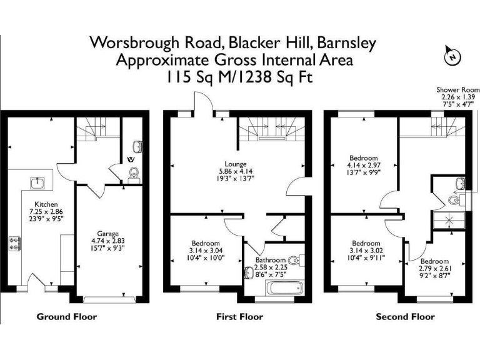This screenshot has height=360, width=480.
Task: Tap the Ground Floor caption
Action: tap(67, 317)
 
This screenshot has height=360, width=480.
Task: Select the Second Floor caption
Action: tap(405, 317)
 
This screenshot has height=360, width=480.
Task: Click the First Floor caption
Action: tap(239, 317)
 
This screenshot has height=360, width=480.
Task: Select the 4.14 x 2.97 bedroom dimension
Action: tap(364, 165)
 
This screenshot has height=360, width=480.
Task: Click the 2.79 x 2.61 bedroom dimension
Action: tap(434, 268)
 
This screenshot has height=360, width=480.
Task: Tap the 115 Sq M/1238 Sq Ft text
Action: tap(239, 77)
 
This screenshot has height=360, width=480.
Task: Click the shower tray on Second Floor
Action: tap(446, 220)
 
